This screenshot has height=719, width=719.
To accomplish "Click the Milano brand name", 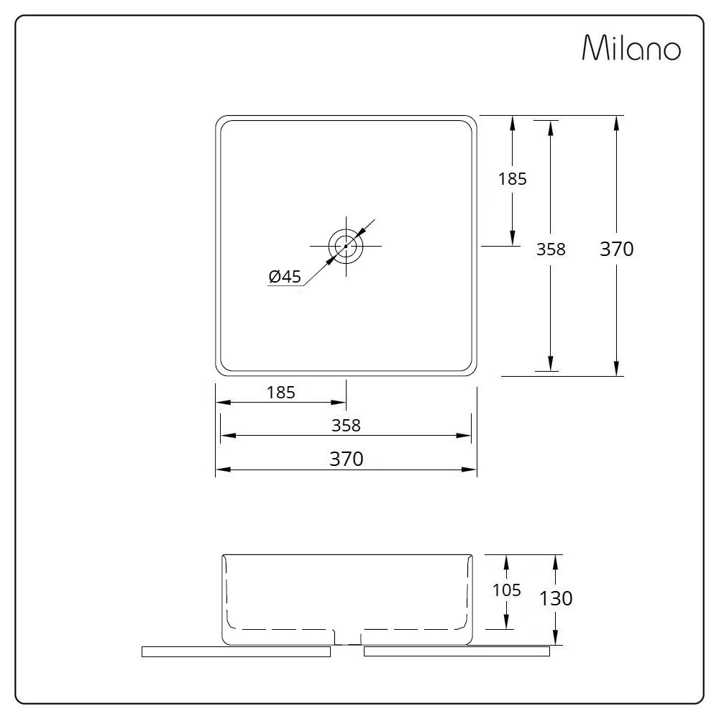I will point(631,48).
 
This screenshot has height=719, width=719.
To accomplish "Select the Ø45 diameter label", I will point(285,277).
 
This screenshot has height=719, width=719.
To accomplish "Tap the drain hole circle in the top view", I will point(346,245).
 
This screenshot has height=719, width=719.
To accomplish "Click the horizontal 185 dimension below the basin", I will point(281,392).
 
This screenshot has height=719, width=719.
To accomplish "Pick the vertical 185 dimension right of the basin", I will point(513,179).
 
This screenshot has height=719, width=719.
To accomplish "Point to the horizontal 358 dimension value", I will point(346,425).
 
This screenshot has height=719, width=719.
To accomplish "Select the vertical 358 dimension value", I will point(551,249).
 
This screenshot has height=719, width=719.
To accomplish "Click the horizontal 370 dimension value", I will point(347,459).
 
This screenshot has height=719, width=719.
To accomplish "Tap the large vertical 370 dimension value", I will point(616,249).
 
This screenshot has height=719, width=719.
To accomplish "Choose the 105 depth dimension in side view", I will point(507,590).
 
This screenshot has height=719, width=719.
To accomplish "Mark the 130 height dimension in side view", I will point(557,597).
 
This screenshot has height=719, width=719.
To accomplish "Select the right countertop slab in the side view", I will point(457,651).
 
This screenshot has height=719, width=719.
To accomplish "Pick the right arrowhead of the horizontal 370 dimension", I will point(472,470).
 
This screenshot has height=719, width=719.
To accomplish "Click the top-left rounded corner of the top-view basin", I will point(221,121).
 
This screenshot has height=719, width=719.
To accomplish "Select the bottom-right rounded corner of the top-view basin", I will point(472,370).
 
